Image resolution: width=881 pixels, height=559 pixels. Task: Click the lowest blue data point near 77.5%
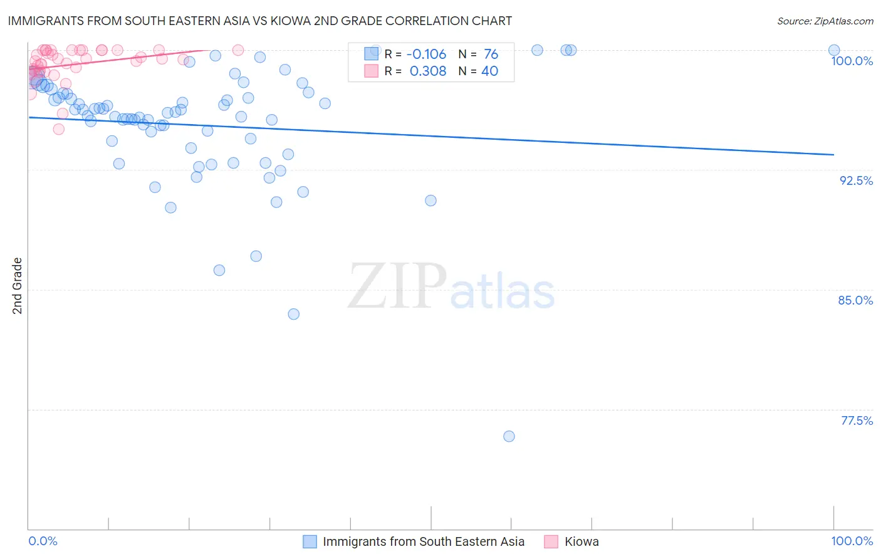coord(509,436)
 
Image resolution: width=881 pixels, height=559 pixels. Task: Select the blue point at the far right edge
coord(833,50)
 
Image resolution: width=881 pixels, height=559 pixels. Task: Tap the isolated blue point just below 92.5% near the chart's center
coord(430,201)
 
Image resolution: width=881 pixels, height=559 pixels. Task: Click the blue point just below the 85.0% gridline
coord(293,314)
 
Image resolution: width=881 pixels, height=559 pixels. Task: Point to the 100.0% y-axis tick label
coord(852,61)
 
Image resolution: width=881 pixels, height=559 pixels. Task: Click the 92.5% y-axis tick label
coord(856,180)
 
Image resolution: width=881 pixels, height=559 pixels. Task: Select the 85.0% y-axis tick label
coord(855,300)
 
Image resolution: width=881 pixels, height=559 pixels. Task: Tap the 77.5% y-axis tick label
coord(857,421)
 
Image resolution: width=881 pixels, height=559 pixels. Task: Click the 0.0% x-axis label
coord(43,541)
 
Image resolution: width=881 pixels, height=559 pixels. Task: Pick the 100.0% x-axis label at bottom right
coord(852,541)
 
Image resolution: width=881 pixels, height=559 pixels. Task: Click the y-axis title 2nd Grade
coord(18,286)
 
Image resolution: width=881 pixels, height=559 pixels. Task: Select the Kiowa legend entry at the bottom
coord(581,541)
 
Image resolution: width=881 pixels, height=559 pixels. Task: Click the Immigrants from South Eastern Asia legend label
coord(424,541)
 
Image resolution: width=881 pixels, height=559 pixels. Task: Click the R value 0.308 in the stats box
coord(428,71)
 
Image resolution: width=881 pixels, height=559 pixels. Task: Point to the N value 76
coord(491,55)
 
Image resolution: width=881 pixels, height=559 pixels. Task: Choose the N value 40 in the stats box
coord(489,71)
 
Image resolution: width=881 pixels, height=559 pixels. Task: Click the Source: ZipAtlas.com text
coord(825,21)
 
